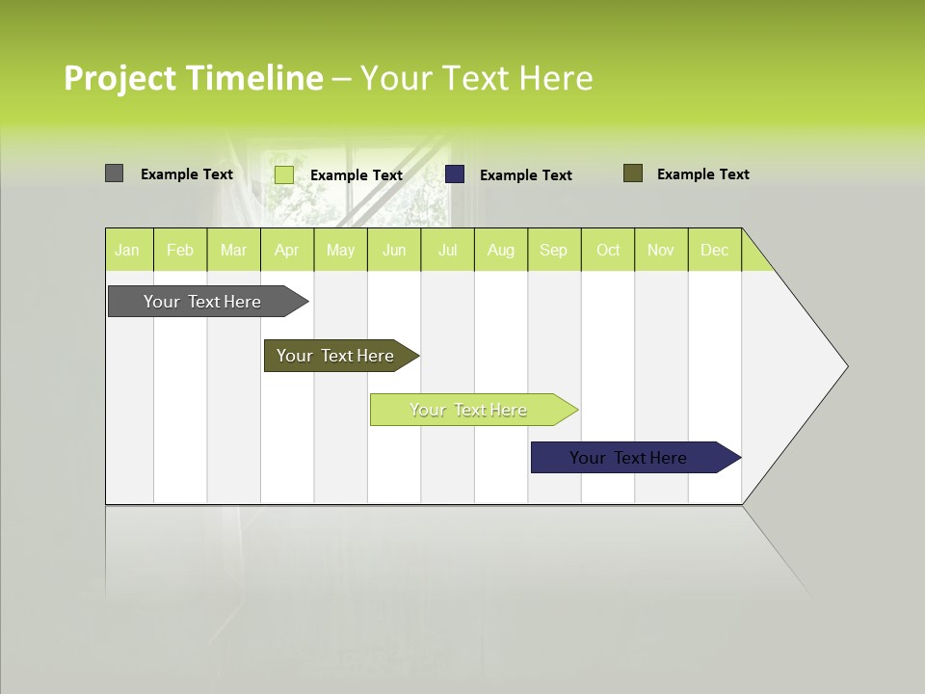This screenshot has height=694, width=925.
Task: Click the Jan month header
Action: (128, 250)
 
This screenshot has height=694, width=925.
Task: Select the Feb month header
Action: (180, 250)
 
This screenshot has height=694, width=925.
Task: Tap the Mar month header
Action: (233, 250)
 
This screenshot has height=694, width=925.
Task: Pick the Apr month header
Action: (287, 250)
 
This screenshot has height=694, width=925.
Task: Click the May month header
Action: (340, 250)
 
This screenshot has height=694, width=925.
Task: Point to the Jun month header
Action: (394, 250)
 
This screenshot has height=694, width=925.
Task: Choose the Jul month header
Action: (447, 250)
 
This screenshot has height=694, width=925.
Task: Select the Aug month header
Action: (501, 250)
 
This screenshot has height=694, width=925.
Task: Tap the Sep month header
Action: (554, 250)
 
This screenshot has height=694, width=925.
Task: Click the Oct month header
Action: (608, 250)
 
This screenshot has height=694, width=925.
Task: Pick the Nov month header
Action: (661, 250)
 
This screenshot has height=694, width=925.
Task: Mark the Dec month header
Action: (715, 250)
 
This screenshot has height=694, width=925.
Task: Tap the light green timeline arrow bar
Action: (469, 410)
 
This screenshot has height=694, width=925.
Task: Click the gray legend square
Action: (115, 173)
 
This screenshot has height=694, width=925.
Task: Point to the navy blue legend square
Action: (455, 173)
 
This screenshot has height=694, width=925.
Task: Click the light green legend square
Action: (284, 174)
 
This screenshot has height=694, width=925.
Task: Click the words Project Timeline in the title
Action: (194, 78)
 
